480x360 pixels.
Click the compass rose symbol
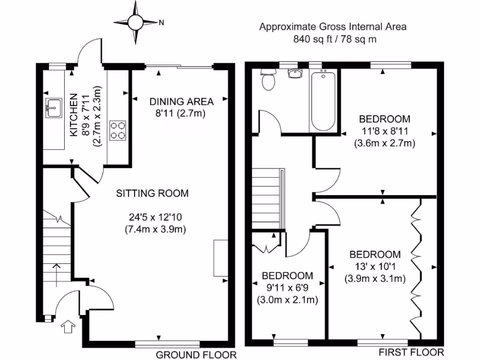(136, 22)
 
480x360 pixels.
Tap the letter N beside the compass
(161, 22)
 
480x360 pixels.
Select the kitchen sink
(52, 108)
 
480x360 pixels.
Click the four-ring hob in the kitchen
(118, 130)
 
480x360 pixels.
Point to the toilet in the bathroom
(269, 79)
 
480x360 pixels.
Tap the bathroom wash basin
(295, 74)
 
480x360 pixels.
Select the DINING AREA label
(181, 101)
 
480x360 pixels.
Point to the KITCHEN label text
(74, 115)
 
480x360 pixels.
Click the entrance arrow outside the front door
(68, 326)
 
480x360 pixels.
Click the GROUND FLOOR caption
(196, 354)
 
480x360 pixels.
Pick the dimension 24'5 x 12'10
(158, 217)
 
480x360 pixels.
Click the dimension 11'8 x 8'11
(384, 132)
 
